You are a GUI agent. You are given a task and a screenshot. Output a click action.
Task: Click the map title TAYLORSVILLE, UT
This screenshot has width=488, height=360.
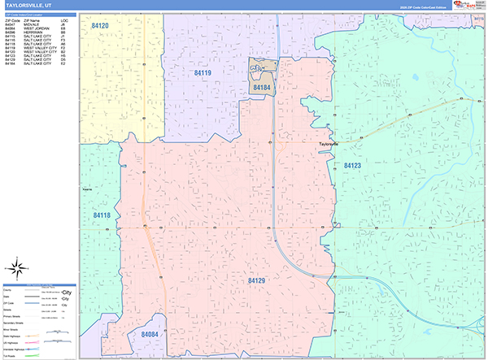point(28,5)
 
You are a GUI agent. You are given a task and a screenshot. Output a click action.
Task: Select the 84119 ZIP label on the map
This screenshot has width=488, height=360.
point(203,73)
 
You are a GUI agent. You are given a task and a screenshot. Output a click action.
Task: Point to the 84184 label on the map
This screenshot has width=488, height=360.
point(261,86)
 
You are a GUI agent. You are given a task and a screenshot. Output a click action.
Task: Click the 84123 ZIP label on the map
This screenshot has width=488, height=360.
point(352,165)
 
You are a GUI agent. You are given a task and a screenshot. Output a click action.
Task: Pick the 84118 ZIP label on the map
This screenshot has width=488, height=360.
point(102,215)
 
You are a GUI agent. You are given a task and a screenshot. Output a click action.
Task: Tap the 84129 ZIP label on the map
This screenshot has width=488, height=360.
point(256,280)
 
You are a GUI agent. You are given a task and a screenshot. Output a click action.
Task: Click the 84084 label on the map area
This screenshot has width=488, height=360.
point(149,334)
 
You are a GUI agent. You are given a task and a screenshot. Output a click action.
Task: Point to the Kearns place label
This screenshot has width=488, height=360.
point(87,187)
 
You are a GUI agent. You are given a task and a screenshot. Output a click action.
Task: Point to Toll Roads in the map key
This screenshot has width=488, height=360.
point(11,355)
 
